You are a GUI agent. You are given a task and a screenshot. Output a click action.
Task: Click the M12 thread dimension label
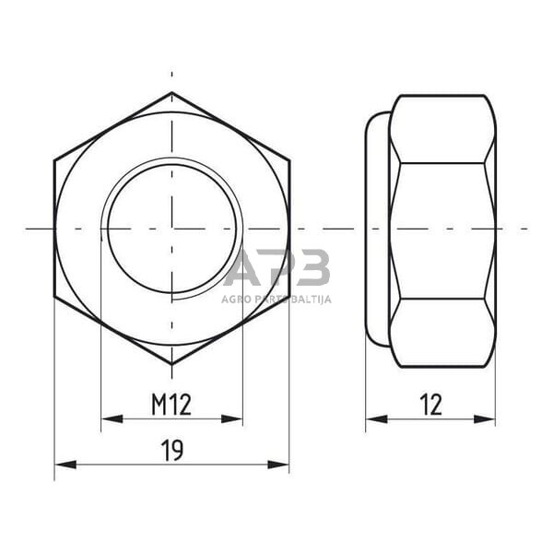pos(171,403)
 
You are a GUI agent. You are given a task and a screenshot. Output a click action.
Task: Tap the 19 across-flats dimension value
pos(171,451)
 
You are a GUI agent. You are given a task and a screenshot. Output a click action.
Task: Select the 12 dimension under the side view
pos(429,404)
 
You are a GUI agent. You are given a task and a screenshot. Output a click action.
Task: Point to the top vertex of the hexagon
pos(171,92)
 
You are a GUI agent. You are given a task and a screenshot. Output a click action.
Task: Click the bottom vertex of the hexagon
pos(171,365)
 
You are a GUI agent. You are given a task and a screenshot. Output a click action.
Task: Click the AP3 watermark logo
pos(276,268)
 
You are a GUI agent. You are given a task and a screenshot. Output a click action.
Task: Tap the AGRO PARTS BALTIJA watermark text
pos(276,299)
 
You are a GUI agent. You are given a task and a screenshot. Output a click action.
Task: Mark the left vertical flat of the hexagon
pos(55,229)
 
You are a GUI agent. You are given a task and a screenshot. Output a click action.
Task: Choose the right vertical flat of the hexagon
pos(288,229)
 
